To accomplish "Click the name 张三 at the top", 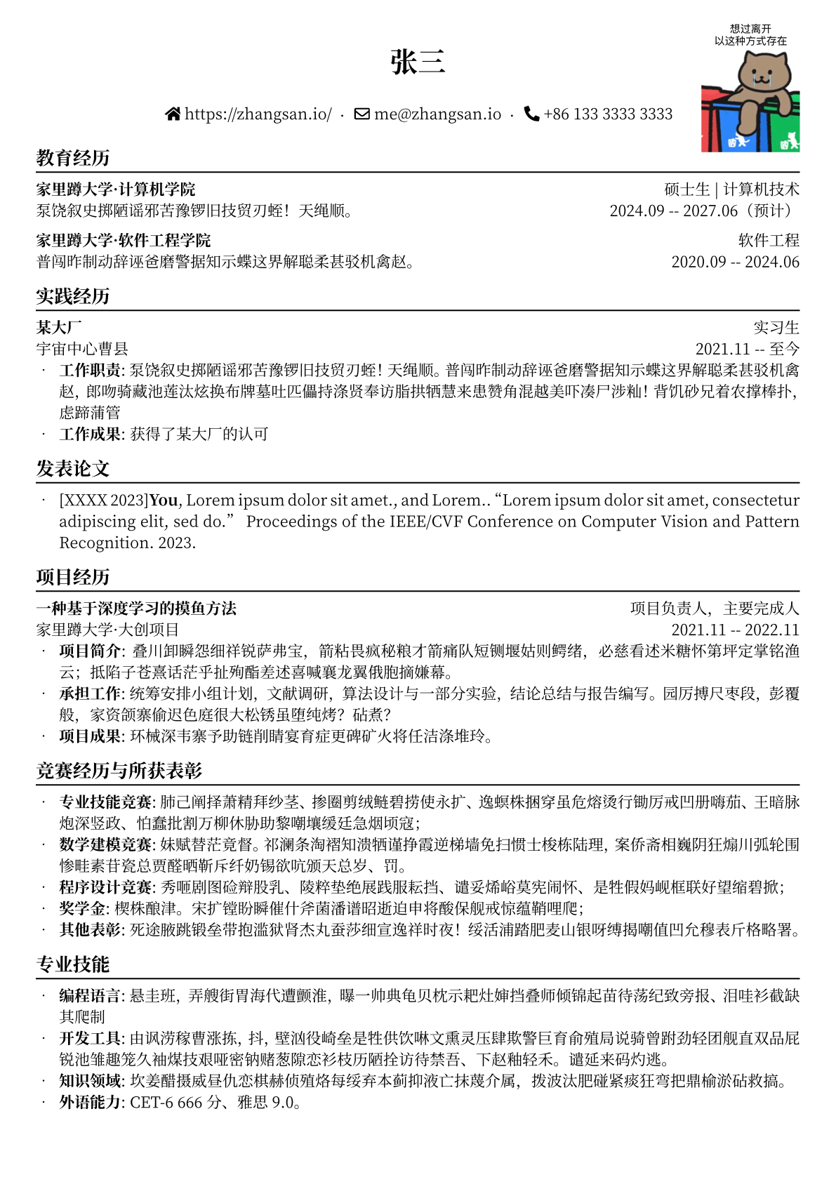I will pyautogui.click(x=418, y=62).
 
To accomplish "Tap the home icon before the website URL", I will pyautogui.click(x=173, y=114).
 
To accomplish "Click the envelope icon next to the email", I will pyautogui.click(x=362, y=114).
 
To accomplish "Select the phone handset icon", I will pyautogui.click(x=532, y=114).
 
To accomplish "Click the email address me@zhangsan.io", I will pyautogui.click(x=437, y=114).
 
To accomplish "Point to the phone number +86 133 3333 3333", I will pyautogui.click(x=608, y=114).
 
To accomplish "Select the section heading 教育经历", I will pyautogui.click(x=73, y=158).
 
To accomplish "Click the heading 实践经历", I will pyautogui.click(x=73, y=296).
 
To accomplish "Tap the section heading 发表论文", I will pyautogui.click(x=73, y=469).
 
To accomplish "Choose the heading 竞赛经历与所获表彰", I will pyautogui.click(x=119, y=771).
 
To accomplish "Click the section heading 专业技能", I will pyautogui.click(x=73, y=964).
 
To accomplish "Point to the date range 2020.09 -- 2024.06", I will pyautogui.click(x=735, y=262).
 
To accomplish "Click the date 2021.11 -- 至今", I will pyautogui.click(x=747, y=349).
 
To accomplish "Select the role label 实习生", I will pyautogui.click(x=776, y=328).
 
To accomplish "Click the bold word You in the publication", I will pyautogui.click(x=164, y=500).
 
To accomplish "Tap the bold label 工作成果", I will pyautogui.click(x=91, y=434).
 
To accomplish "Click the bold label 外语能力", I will pyautogui.click(x=91, y=1103).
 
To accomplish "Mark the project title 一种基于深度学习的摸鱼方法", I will pyautogui.click(x=136, y=609).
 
